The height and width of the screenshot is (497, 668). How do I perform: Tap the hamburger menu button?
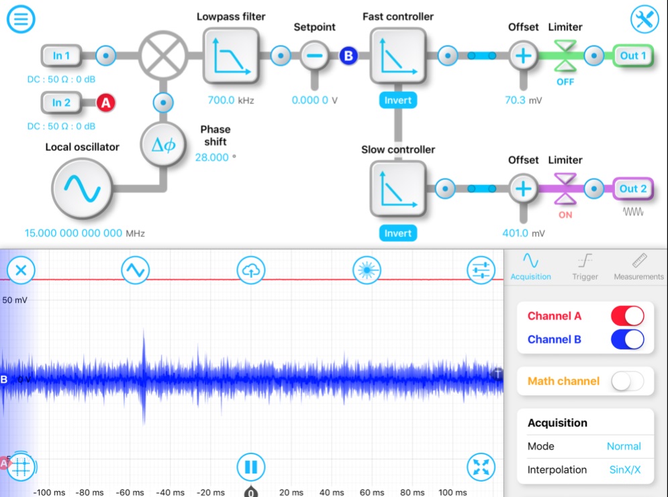[x=21, y=19]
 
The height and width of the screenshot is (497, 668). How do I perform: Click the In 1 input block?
[x=61, y=56]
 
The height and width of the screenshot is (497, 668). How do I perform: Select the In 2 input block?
[x=61, y=103]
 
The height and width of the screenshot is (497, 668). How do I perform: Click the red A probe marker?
[x=105, y=103]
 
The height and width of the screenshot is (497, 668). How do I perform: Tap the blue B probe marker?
[x=348, y=56]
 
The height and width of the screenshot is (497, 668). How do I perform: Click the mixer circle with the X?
[x=163, y=56]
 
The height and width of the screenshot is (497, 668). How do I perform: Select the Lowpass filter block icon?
[x=231, y=56]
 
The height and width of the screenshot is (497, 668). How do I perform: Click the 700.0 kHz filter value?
[x=226, y=101]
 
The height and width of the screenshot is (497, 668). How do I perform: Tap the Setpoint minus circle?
[x=313, y=56]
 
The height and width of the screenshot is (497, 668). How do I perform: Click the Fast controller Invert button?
[x=397, y=101]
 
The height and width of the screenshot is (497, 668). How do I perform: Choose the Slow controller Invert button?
[x=397, y=233]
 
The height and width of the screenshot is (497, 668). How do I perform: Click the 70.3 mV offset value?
[x=517, y=101]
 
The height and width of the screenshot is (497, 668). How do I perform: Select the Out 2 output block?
[x=632, y=189]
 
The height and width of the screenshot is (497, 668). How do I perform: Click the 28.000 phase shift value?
[x=212, y=157]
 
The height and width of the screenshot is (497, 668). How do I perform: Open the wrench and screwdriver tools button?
[x=645, y=19]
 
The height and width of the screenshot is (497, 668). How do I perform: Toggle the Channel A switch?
[x=627, y=316]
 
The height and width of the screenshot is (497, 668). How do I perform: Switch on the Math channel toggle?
[x=627, y=381]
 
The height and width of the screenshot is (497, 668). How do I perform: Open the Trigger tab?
[x=585, y=266]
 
